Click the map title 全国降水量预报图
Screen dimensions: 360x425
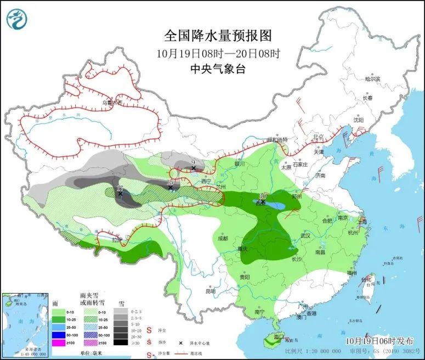coord(218,36)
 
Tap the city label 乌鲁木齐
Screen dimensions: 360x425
coord(107,103)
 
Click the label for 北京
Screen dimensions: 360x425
coord(318,137)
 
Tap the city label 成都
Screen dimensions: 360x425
coord(223,238)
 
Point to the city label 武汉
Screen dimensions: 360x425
coord(305,236)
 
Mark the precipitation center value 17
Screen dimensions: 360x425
coord(120,189)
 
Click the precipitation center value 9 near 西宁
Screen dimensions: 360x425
coord(193,162)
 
